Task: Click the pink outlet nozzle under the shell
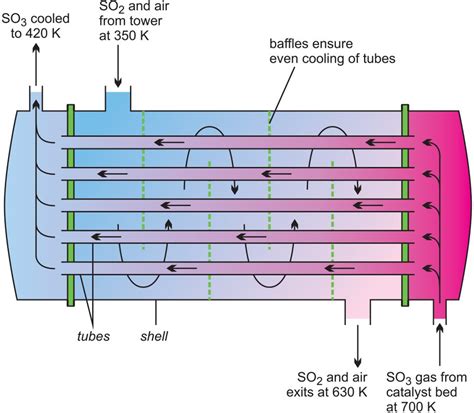[x=357, y=311]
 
